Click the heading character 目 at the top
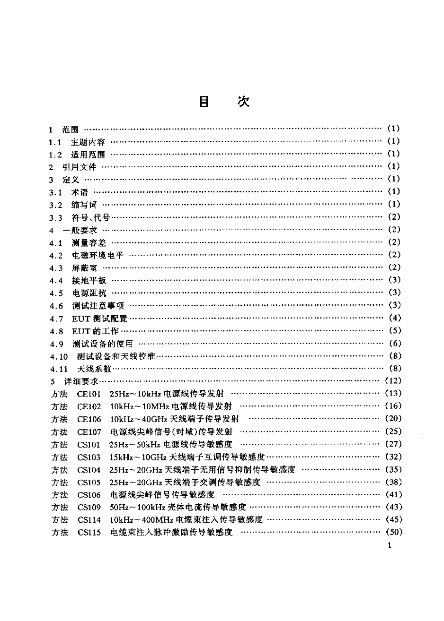point(204,102)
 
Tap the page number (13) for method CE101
point(394,393)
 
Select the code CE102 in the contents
point(89,406)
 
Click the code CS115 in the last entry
point(89,533)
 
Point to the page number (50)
point(394,533)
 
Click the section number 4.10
point(59,356)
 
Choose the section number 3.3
point(56,217)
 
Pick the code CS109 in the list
point(89,507)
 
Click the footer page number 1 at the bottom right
point(389,546)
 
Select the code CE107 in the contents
point(89,431)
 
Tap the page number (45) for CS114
point(394,520)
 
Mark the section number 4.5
point(56,293)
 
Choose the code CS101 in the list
point(89,444)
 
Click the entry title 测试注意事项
point(98,305)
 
